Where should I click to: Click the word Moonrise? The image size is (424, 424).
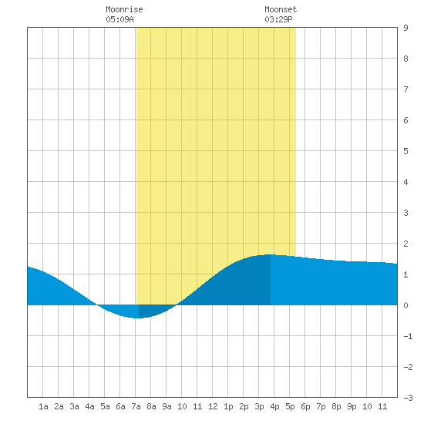pyautogui.click(x=124, y=9)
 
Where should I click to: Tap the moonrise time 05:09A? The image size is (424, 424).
pyautogui.click(x=119, y=19)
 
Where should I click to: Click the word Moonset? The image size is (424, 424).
pyautogui.click(x=281, y=9)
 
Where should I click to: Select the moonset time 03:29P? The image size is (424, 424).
pyautogui.click(x=278, y=19)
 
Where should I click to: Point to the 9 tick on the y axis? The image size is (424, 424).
pyautogui.click(x=405, y=28)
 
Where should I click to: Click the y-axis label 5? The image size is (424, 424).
pyautogui.click(x=405, y=151)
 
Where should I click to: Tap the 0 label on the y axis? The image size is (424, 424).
pyautogui.click(x=405, y=305)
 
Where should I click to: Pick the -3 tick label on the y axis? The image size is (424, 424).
pyautogui.click(x=409, y=398)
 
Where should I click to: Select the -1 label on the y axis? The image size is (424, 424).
pyautogui.click(x=409, y=336)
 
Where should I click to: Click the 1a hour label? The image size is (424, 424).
pyautogui.click(x=43, y=406)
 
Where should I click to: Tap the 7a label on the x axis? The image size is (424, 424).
pyautogui.click(x=136, y=406)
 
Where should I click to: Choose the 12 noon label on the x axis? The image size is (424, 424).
pyautogui.click(x=213, y=406)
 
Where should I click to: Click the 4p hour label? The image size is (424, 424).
pyautogui.click(x=274, y=406)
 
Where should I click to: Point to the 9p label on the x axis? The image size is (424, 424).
pyautogui.click(x=352, y=406)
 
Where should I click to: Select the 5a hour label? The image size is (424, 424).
pyautogui.click(x=105, y=406)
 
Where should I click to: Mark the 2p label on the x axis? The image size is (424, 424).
pyautogui.click(x=244, y=406)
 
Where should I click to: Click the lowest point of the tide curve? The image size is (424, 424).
pyautogui.click(x=138, y=318)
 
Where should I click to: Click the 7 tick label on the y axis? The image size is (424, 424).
pyautogui.click(x=405, y=89)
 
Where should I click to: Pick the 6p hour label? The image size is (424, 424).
pyautogui.click(x=305, y=406)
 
